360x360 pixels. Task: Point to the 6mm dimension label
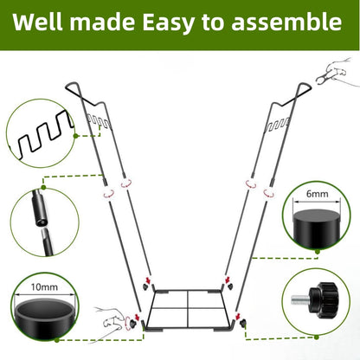(x=316, y=196)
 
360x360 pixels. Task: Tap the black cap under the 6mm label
(x=316, y=227)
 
